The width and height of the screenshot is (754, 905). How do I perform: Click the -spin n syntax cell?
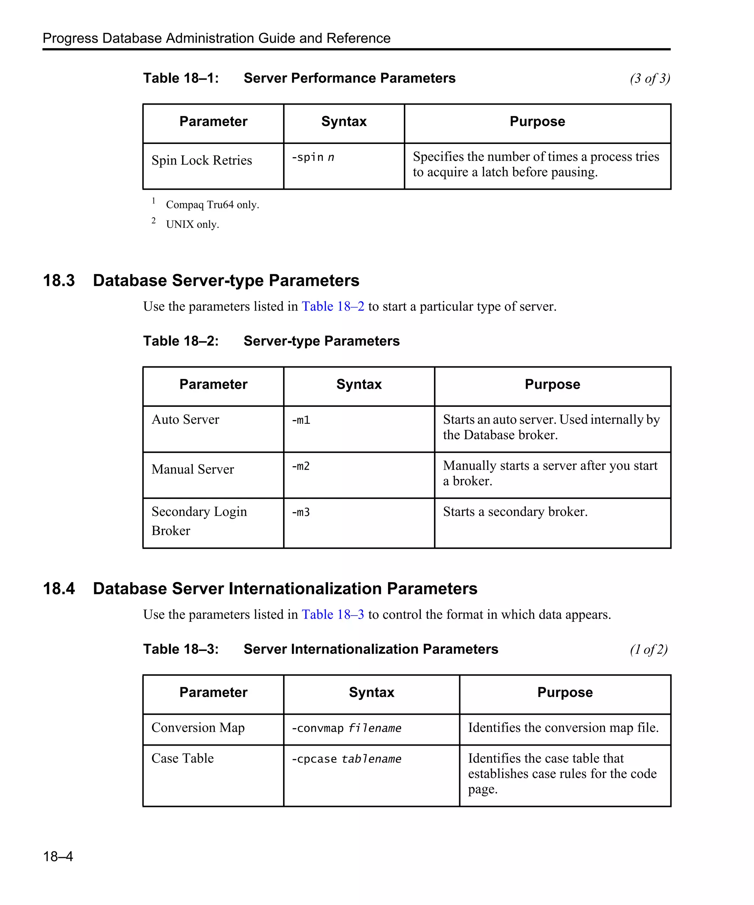313,157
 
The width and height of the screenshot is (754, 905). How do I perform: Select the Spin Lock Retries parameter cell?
202,160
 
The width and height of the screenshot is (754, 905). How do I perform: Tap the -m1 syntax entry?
301,420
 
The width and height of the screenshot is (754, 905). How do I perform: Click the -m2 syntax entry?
301,466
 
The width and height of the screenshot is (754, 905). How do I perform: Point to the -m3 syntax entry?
301,512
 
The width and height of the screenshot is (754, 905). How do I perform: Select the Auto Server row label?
185,419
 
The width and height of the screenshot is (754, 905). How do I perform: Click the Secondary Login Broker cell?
199,521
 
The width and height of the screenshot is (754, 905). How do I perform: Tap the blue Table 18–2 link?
332,306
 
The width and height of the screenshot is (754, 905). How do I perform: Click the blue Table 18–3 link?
332,614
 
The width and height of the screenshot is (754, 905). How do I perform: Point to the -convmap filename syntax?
346,728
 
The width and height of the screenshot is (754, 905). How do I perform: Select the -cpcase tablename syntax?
346,758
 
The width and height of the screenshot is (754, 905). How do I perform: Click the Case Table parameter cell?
183,758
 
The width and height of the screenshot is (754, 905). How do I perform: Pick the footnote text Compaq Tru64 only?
212,205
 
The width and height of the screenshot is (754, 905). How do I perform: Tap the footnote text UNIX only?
193,225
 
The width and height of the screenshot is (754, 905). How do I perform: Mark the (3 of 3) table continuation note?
649,78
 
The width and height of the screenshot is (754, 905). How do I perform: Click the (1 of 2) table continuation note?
648,649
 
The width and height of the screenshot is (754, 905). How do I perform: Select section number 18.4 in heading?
59,589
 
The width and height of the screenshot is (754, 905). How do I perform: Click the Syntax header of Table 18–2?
359,384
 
